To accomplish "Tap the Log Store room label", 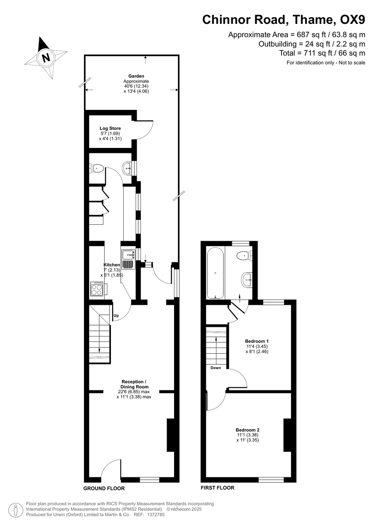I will pyautogui.click(x=110, y=129).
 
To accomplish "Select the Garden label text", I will pyautogui.click(x=136, y=76).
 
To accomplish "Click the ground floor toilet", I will pyautogui.click(x=97, y=168).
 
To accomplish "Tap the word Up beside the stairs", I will pyautogui.click(x=116, y=316).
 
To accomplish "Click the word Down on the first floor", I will pyautogui.click(x=216, y=368).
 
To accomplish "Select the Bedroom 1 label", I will pyautogui.click(x=257, y=341).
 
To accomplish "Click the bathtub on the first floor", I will pyautogui.click(x=215, y=273).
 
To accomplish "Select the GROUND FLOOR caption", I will pyautogui.click(x=104, y=488).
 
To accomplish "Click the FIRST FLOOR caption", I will pyautogui.click(x=217, y=488).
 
